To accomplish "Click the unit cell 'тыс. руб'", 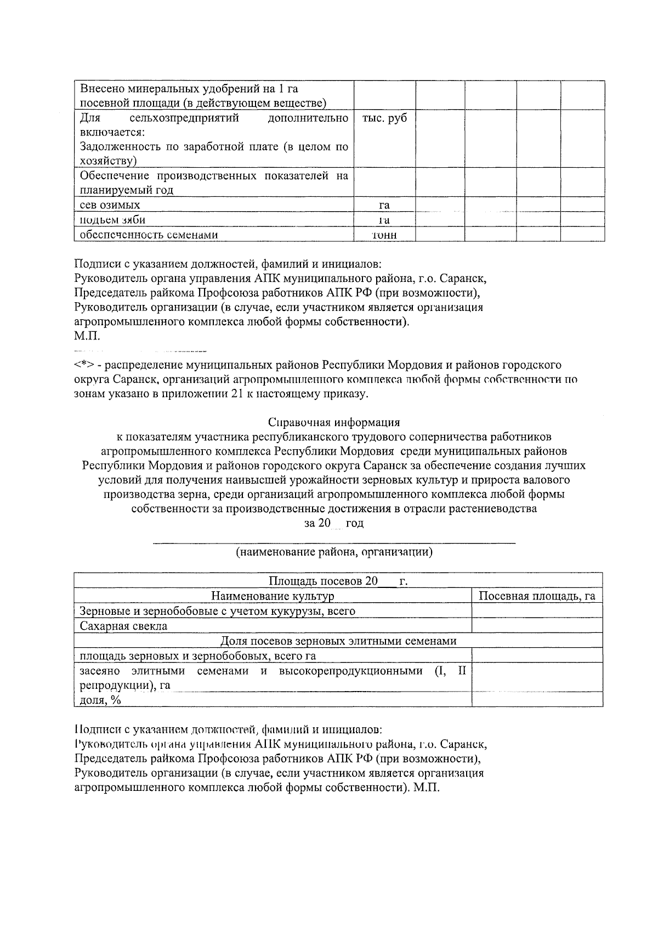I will click(384, 118).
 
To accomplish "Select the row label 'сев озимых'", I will click(110, 205).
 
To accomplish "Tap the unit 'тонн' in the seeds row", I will click(384, 235).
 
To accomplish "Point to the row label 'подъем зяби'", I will click(112, 220).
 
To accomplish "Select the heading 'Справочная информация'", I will click(334, 422).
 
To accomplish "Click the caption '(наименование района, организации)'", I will click(334, 552).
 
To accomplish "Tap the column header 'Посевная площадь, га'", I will click(537, 597).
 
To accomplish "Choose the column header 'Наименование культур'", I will click(273, 597).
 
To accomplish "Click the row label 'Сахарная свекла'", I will click(123, 626).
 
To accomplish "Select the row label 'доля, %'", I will click(100, 700).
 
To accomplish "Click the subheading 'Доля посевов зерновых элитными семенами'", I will click(338, 641).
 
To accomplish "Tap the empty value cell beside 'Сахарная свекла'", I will click(537, 626).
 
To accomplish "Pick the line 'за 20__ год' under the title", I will click(334, 523).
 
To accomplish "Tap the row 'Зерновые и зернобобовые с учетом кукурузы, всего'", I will click(217, 612).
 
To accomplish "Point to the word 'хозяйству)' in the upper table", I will click(108, 161).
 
